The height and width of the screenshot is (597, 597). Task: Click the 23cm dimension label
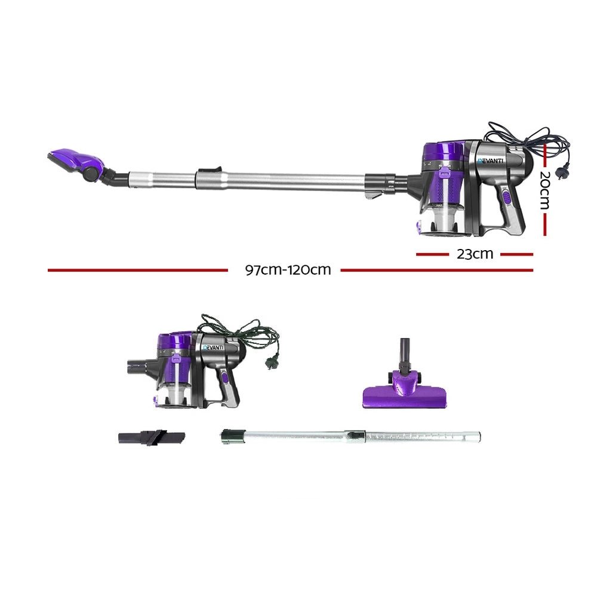475,254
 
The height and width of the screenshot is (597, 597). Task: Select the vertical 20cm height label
544,190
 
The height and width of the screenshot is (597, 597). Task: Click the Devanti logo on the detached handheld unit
213,347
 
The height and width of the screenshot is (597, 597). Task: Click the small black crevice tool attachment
151,438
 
